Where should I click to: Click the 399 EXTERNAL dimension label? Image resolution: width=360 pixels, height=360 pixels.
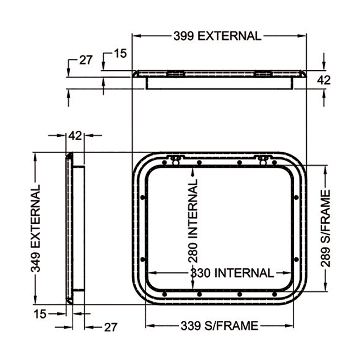coord(217,36)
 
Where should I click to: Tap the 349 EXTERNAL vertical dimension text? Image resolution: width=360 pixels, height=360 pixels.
coord(36,229)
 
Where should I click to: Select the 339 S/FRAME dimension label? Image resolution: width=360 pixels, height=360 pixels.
coord(219,326)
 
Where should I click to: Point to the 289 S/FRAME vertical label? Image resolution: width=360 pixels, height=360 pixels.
coord(325,229)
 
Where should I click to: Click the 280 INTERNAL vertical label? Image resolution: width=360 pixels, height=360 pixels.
coord(193,221)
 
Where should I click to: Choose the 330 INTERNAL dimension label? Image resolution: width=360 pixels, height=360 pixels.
coord(232,273)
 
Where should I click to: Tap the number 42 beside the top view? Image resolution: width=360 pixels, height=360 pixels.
coord(324,80)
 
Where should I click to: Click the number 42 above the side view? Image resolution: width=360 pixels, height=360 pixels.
coord(75,136)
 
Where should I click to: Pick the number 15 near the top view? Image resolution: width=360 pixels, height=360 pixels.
coord(120,54)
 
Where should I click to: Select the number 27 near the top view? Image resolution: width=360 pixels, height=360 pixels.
coord(86,60)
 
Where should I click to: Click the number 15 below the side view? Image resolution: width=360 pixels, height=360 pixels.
coord(40,314)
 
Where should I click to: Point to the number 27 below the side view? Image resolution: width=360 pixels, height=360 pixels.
coord(111,327)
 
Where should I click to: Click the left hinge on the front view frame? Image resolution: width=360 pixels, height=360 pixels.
coord(175,160)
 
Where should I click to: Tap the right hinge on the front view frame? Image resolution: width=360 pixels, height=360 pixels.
coord(263,160)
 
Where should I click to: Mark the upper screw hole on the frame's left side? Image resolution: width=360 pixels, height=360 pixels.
coord(143,197)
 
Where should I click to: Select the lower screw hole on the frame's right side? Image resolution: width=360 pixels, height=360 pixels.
coord(297,260)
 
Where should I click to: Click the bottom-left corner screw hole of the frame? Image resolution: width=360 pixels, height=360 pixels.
coord(164,294)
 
